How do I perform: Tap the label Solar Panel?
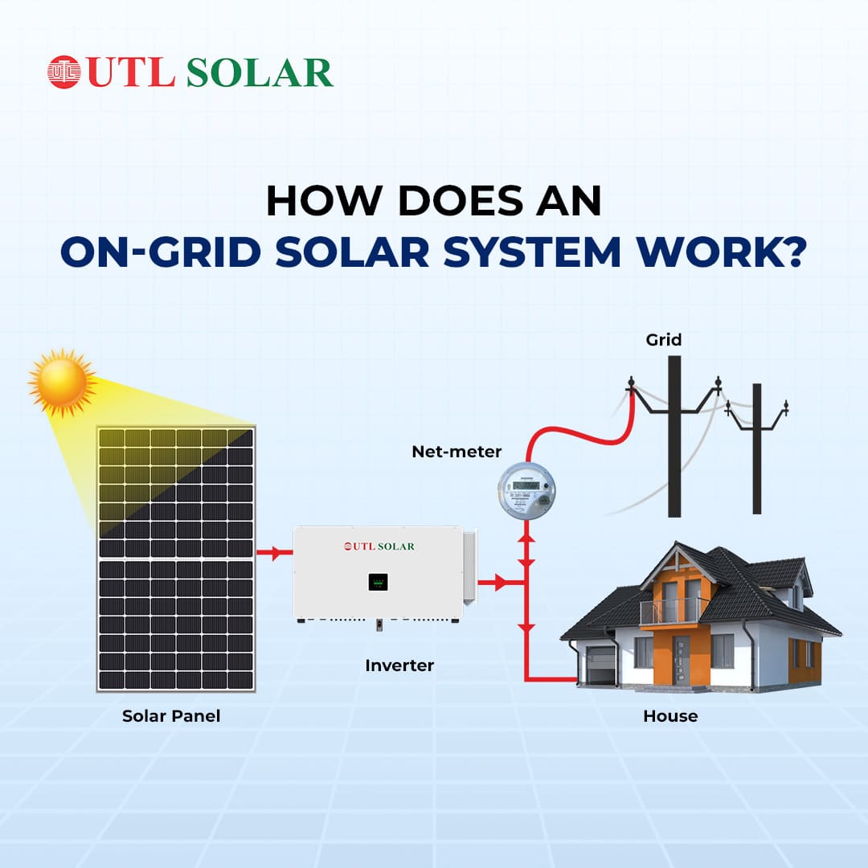[x=171, y=715]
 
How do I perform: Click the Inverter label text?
[x=399, y=665]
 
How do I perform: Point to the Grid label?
[x=664, y=340]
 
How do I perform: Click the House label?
[x=670, y=715]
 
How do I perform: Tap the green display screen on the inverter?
[x=379, y=581]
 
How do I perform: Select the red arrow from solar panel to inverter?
[x=275, y=553]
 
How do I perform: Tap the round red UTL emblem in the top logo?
[x=64, y=72]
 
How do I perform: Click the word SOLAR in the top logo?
[x=260, y=72]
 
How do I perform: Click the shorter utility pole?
[x=756, y=450]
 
